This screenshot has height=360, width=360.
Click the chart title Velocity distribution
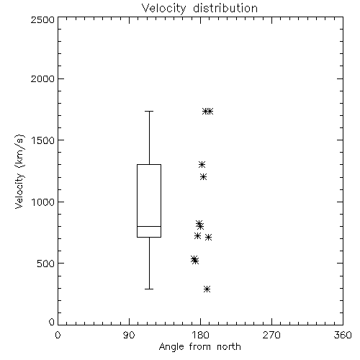[x=199, y=9]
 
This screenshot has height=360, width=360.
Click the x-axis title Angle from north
[x=199, y=347]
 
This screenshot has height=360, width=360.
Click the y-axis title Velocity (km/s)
[x=19, y=171]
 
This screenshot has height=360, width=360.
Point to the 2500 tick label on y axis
[x=42, y=19]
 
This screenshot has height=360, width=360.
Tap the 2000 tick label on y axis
[x=42, y=78]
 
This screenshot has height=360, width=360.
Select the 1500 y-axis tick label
[x=43, y=140]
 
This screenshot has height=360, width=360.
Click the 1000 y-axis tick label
[x=43, y=202]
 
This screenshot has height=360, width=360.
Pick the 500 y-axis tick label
[x=46, y=264]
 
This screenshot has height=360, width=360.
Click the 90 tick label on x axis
[x=129, y=335]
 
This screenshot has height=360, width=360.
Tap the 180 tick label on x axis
[x=200, y=335]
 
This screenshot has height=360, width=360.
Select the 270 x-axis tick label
[x=271, y=335]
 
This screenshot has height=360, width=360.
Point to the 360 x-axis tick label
[x=343, y=335]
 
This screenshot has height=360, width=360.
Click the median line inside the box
[x=149, y=226]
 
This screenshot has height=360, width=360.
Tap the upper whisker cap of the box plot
[x=149, y=112]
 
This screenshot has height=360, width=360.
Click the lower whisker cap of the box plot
[x=149, y=289]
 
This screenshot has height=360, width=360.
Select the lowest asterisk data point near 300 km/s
[x=207, y=289]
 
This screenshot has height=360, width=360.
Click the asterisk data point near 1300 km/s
[x=202, y=164]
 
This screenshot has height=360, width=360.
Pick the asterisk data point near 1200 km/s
[x=204, y=177]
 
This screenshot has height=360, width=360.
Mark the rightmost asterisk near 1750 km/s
[x=210, y=111]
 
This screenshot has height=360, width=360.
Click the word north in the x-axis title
[x=229, y=347]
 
